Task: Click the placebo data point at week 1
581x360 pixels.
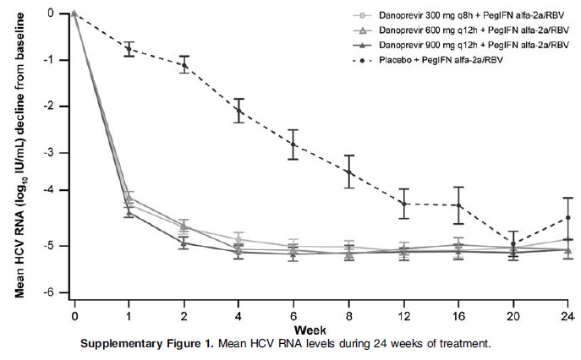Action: [x=129, y=49]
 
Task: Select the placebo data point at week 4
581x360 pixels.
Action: [x=239, y=111]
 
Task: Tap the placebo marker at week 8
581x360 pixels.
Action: [x=348, y=172]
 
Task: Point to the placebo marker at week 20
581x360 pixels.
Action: [x=513, y=244]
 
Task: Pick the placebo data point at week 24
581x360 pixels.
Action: [x=568, y=217]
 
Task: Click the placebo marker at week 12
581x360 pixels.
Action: [x=403, y=204]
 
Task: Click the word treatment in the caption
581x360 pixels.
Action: [x=463, y=344]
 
